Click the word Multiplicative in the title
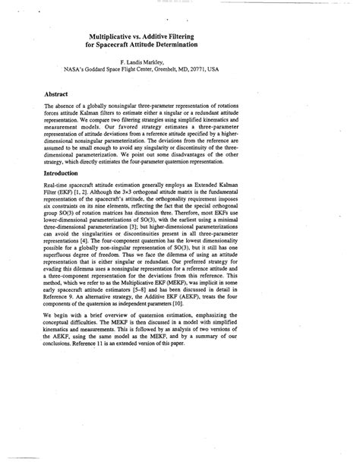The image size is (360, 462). [x=118, y=36]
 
